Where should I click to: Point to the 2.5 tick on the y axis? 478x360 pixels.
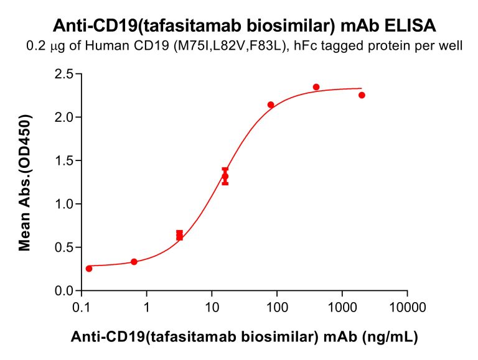coord(63,75)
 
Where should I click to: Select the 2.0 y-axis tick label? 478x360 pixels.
coord(63,118)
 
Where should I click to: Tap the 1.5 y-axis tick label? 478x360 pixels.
coord(63,161)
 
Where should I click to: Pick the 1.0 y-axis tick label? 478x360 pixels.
coord(63,204)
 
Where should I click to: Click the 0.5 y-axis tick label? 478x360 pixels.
coord(63,247)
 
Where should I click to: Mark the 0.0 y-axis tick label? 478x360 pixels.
coord(63,290)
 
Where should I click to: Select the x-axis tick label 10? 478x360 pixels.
coord(212,307)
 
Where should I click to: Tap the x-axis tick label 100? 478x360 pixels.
coord(276,307)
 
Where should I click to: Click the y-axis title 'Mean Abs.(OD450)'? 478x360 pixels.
coord(26,182)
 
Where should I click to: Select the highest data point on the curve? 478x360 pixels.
coord(316,87)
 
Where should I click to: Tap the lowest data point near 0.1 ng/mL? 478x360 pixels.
coord(89,269)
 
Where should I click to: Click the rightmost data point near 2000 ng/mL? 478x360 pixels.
coord(362,95)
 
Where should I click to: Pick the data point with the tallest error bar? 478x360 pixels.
coord(225,177)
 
